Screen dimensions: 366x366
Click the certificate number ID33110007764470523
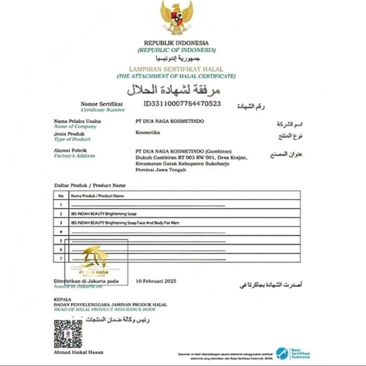click(182, 104)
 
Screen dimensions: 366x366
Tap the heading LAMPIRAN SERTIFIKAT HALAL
click(176, 69)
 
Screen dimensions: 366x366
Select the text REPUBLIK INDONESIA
click(176, 43)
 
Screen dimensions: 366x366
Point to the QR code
click(68, 334)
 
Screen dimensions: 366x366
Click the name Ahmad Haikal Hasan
click(78, 352)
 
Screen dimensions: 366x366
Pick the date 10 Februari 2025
click(156, 281)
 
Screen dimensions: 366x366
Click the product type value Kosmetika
click(148, 133)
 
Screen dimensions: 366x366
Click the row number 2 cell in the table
click(61, 214)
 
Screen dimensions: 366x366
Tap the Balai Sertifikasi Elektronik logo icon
click(282, 353)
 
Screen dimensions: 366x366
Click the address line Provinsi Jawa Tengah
click(160, 170)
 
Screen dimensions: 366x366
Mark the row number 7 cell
click(61, 258)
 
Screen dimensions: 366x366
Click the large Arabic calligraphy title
click(174, 90)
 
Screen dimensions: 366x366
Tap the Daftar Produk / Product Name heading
click(90, 186)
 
